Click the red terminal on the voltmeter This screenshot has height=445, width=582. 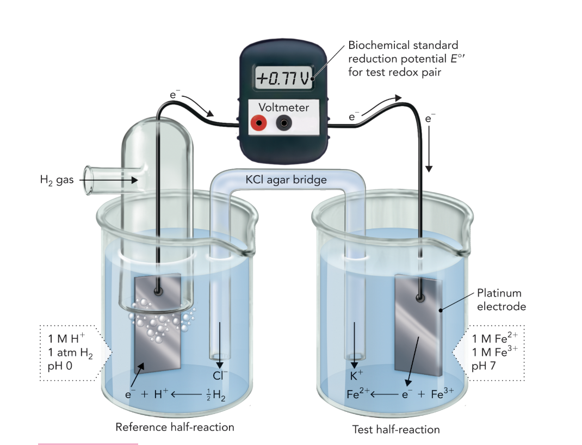pos(258,123)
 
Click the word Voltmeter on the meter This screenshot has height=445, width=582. pos(283,108)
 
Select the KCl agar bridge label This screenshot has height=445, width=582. pos(286,180)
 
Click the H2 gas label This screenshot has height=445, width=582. pos(56,180)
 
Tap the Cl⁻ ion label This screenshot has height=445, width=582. pos(220,375)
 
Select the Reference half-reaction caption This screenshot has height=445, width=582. pos(175,427)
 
